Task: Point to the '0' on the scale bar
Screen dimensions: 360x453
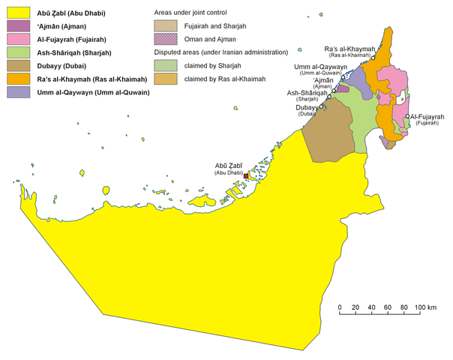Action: pyautogui.click(x=340, y=308)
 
